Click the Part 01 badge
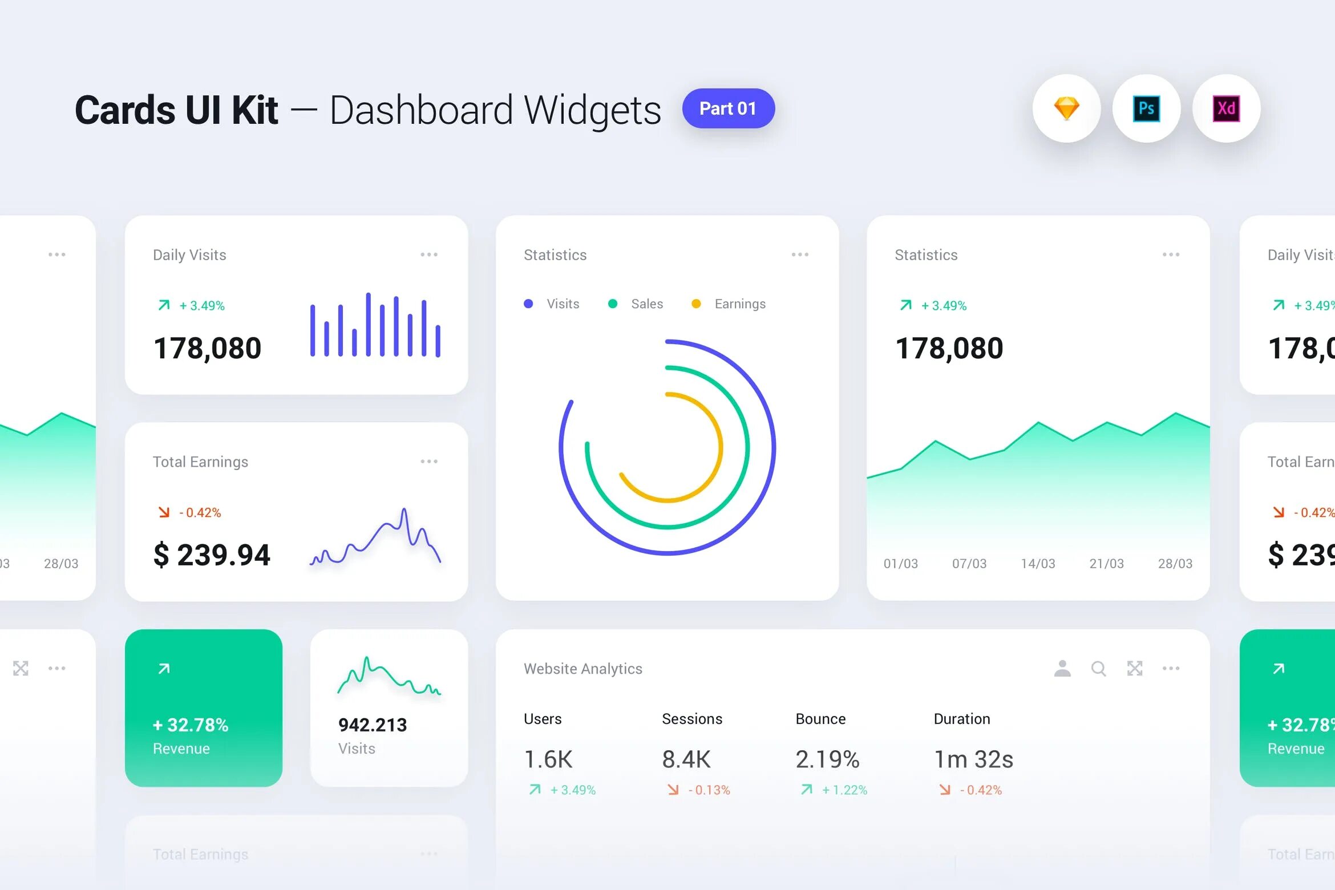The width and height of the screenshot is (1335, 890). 728,108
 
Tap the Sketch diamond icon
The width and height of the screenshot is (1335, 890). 1066,108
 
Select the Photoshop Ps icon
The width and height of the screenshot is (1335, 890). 1146,108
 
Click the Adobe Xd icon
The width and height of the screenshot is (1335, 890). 1226,108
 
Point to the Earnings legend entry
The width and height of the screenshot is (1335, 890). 739,304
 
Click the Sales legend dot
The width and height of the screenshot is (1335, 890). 613,304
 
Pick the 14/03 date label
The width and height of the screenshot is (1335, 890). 1038,564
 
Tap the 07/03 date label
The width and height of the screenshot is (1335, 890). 969,564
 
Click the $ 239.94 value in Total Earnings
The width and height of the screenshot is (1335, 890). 212,555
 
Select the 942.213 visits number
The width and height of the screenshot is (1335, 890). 373,725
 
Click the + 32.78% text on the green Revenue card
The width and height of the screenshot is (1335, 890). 191,725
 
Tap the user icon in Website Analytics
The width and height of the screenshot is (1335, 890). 1062,669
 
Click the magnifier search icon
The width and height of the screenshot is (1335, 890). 1098,669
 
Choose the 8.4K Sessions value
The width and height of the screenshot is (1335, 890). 686,759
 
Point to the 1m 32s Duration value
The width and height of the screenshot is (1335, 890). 973,759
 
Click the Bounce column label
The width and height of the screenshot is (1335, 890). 820,719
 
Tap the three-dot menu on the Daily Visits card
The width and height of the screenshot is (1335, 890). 429,254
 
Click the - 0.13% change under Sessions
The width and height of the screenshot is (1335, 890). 709,790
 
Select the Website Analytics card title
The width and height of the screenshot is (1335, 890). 583,669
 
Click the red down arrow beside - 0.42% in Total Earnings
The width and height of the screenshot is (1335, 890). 164,512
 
